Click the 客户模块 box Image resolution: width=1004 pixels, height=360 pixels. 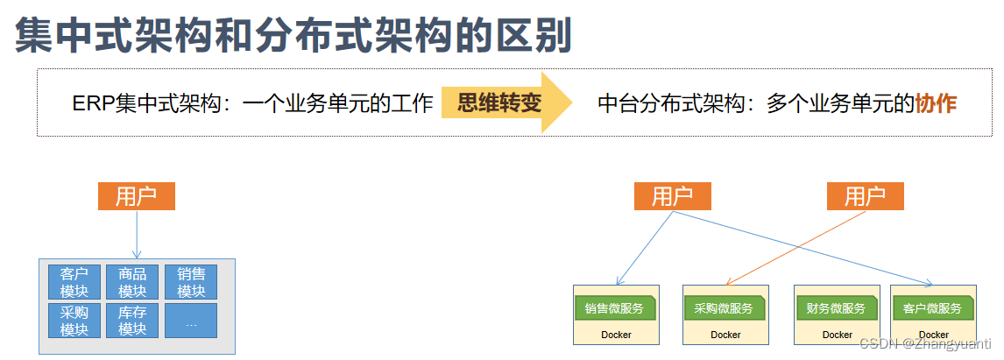[x=74, y=282]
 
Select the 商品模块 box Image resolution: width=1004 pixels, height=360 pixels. [x=132, y=282]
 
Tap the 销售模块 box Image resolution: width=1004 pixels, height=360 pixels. [x=191, y=282]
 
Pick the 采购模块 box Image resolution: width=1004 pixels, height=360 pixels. [x=74, y=321]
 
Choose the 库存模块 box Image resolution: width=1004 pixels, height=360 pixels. [x=132, y=321]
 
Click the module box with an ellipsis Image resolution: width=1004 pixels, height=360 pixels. [x=191, y=321]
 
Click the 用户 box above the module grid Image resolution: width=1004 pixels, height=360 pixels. [x=137, y=196]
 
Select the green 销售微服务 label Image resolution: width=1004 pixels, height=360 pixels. [x=613, y=308]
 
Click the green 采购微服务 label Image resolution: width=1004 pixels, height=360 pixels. [x=723, y=308]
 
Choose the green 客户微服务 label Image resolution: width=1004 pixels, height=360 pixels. [x=931, y=308]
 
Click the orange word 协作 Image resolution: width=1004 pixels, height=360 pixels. [x=936, y=103]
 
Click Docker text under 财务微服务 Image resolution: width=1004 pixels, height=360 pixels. [x=838, y=335]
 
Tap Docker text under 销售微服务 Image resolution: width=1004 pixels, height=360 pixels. [x=616, y=335]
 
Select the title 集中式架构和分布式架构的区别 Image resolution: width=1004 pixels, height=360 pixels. [x=293, y=36]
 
